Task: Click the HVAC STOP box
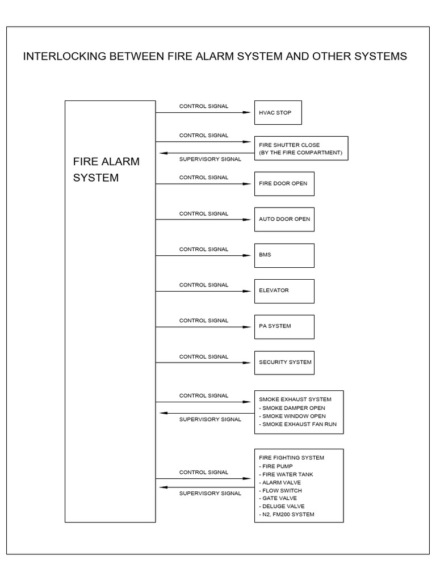click(278, 112)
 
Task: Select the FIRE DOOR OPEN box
click(284, 183)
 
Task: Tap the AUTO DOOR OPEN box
click(284, 219)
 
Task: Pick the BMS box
click(284, 255)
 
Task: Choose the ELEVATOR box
click(284, 290)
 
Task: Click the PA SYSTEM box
click(284, 326)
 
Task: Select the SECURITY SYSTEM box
click(284, 362)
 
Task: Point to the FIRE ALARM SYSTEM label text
click(106, 169)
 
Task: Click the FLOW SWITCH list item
click(281, 490)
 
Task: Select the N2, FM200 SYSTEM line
click(287, 514)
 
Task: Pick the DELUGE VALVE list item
click(282, 506)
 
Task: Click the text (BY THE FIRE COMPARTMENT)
click(300, 153)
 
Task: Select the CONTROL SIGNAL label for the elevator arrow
click(204, 285)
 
